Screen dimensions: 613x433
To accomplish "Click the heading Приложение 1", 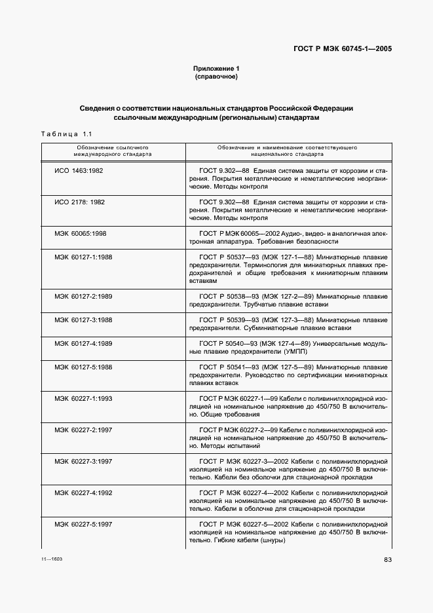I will [x=216, y=69].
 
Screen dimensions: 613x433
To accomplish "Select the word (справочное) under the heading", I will [x=216, y=77].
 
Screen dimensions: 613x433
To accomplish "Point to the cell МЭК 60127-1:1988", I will [x=83, y=257].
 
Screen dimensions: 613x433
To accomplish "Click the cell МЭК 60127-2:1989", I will [x=83, y=297].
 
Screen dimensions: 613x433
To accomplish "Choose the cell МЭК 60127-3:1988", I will [x=83, y=320].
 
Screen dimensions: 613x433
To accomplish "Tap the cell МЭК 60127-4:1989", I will [x=83, y=343].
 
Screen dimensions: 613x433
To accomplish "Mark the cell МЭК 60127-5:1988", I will [x=83, y=367].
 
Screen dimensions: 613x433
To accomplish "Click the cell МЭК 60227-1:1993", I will [x=83, y=398].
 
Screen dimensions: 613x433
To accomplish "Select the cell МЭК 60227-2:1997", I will [x=83, y=430].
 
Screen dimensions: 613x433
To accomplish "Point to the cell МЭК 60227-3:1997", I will [x=83, y=461].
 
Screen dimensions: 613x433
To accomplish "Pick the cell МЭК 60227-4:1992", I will [x=83, y=492].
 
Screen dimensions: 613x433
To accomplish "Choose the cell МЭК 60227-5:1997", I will [x=83, y=524].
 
